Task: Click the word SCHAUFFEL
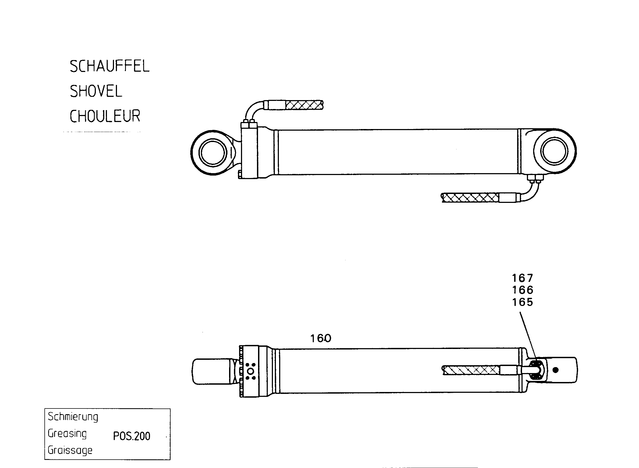(109, 66)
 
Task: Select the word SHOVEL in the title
(96, 91)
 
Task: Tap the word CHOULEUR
(105, 116)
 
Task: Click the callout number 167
(523, 278)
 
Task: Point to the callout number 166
(523, 290)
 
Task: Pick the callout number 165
(523, 302)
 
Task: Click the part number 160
(321, 338)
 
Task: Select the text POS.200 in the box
(132, 436)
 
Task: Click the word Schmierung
(73, 417)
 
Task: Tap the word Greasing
(67, 433)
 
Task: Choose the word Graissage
(70, 450)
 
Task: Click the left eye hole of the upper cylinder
(213, 153)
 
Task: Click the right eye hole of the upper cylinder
(555, 151)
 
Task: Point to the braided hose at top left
(304, 105)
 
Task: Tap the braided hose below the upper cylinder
(470, 197)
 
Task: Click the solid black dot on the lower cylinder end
(556, 370)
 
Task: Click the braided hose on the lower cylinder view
(471, 370)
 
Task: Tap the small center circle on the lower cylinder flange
(251, 371)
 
